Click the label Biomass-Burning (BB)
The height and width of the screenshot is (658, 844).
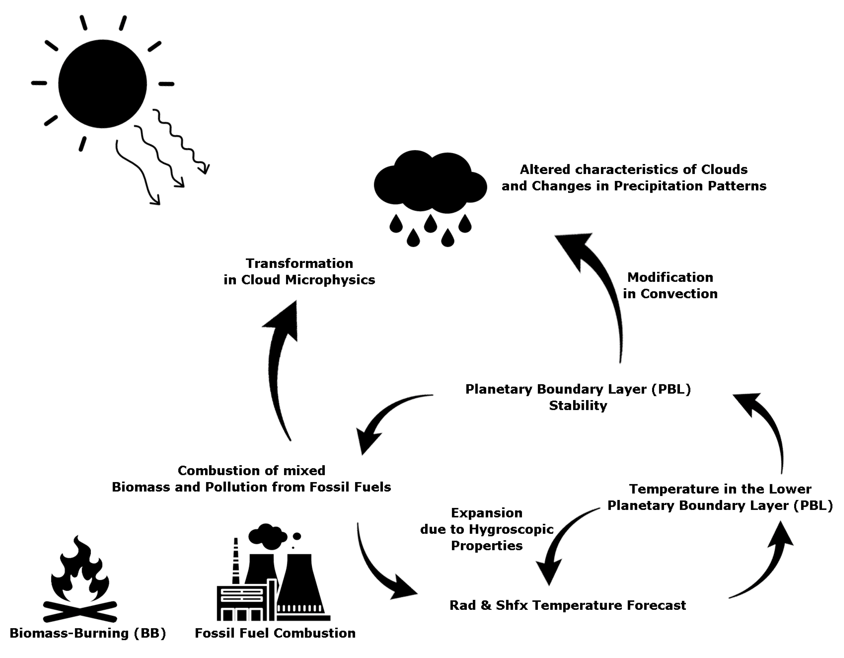point(88,633)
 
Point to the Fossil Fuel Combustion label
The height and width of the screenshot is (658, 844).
point(275,633)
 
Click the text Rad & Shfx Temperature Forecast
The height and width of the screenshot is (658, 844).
point(567,605)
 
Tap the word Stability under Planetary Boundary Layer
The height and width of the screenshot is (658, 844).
point(578,406)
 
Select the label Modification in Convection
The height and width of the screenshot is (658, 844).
point(670,285)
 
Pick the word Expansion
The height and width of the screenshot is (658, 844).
point(486,513)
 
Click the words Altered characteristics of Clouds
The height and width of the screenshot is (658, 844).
point(633,169)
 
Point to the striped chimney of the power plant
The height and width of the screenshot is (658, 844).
point(235,561)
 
